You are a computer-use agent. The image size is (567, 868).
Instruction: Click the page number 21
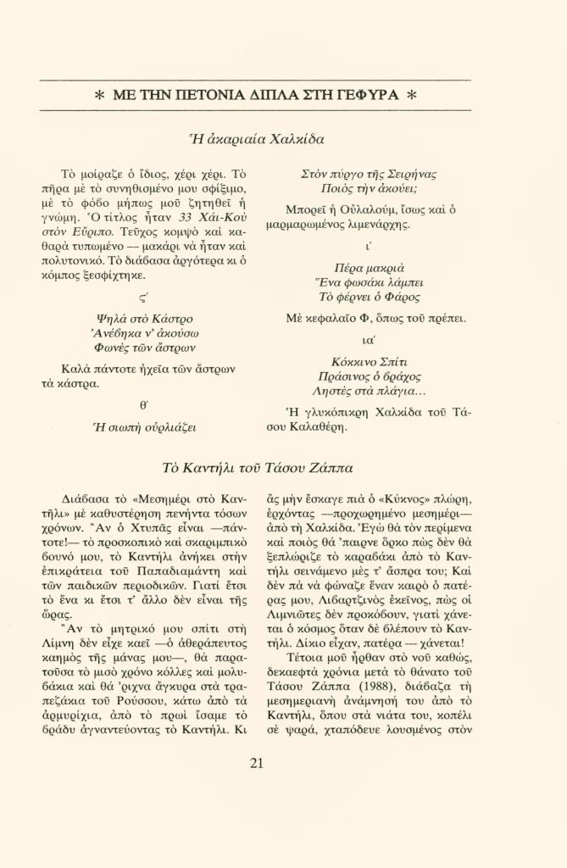pos(257,762)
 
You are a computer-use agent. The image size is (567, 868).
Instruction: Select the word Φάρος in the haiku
pos(400,298)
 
